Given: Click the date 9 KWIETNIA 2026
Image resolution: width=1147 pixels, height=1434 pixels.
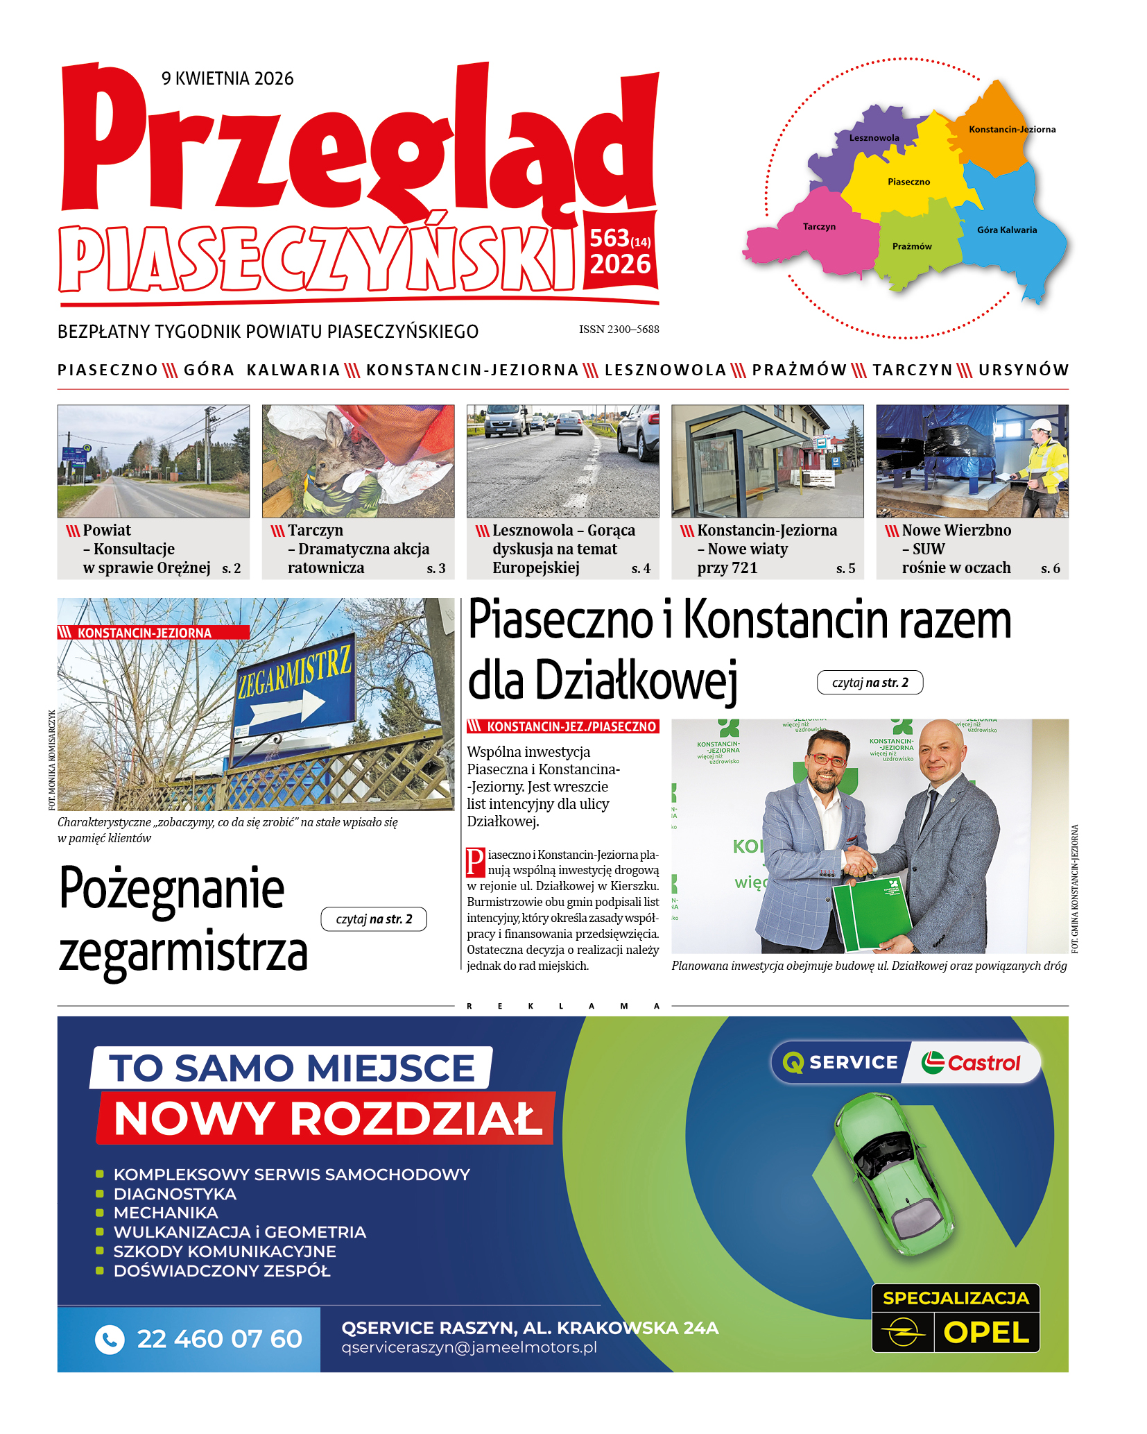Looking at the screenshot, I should [x=227, y=78].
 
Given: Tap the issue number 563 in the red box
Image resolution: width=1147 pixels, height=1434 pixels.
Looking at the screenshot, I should [x=609, y=239].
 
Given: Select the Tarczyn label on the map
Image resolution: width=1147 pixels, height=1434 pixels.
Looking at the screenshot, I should [x=819, y=227].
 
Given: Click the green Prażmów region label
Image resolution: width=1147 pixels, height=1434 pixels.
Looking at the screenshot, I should [x=912, y=246].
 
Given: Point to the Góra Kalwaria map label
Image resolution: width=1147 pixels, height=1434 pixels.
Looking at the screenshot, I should [x=1007, y=230].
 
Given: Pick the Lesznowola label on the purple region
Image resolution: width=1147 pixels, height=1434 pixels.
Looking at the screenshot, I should [x=874, y=138].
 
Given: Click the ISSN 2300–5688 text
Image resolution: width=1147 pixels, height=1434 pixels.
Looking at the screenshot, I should [x=619, y=330].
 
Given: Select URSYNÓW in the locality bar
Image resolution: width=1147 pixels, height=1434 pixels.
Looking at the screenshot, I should [x=1024, y=370].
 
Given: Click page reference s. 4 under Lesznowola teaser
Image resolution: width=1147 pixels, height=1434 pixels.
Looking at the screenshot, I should [x=641, y=569].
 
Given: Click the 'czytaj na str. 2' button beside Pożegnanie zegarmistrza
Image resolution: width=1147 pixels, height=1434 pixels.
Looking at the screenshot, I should [x=374, y=919].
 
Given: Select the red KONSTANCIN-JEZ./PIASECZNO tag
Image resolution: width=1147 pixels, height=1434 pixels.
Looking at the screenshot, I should [x=563, y=726].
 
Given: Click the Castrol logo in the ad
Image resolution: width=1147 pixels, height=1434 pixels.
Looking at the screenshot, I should [x=971, y=1063].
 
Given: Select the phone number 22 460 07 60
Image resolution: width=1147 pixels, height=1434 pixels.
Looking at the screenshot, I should [x=219, y=1339].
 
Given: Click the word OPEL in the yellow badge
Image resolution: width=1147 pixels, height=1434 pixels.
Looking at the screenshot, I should [x=986, y=1333].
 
